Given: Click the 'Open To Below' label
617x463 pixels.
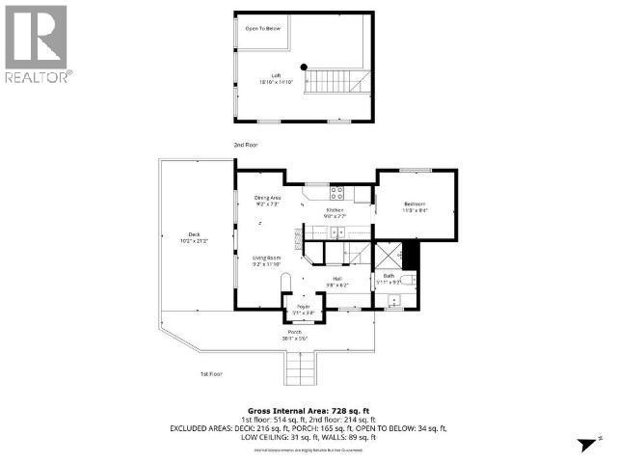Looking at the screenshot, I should click(x=262, y=29).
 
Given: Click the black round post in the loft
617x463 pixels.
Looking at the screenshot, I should click(x=303, y=67).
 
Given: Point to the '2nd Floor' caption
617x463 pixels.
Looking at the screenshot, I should click(x=245, y=145).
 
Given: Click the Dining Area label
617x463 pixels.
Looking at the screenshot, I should click(x=267, y=198).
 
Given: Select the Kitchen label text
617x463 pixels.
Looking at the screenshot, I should click(x=335, y=209).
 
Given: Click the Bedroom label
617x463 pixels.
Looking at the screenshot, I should click(x=416, y=204).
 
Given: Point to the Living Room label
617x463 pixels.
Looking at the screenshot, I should click(x=266, y=258).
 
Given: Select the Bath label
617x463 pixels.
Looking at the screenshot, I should click(x=389, y=276).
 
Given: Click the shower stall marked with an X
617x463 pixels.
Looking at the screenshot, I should click(x=389, y=255).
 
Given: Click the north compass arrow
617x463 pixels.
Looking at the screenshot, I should click(x=582, y=443).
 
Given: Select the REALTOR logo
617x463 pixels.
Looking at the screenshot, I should click(x=36, y=42).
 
